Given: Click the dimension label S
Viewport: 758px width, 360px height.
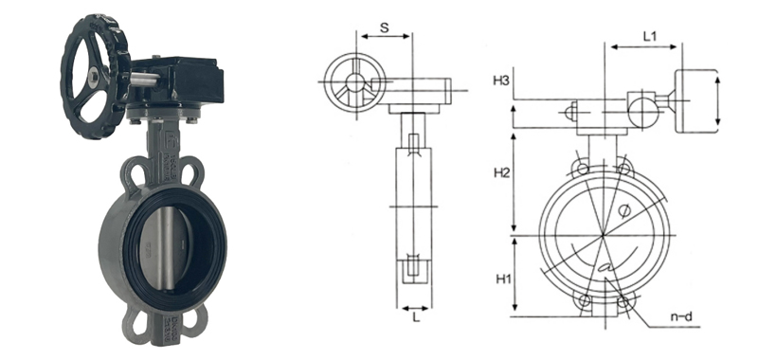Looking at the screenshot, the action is click(385, 27).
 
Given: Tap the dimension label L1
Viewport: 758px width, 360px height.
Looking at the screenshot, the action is click(650, 36).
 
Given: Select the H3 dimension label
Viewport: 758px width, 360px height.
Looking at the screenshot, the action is click(501, 81).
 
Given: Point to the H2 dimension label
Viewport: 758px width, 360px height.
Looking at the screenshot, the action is click(502, 172).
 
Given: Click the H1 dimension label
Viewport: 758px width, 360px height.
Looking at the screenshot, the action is click(503, 279).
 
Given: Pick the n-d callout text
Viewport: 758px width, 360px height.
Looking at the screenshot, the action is click(681, 317).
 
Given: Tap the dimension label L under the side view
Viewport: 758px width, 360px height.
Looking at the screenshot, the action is click(416, 318).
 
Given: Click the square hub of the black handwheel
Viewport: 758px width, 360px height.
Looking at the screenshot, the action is click(93, 76).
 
